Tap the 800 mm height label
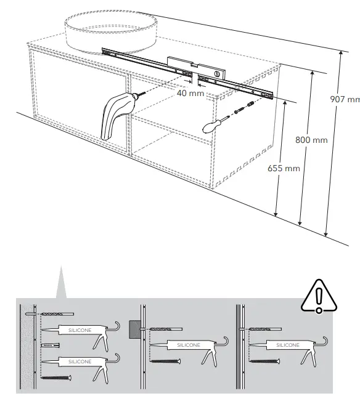311,140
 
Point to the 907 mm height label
345,100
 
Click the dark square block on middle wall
134,329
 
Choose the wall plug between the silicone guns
51,347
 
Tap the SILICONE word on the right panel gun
286,345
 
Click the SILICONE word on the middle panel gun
189,345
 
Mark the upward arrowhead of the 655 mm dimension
284,103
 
